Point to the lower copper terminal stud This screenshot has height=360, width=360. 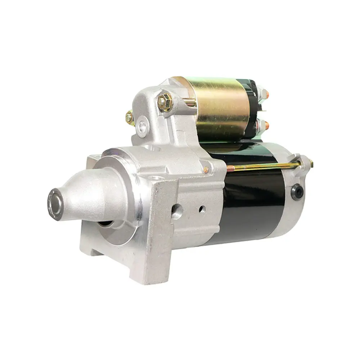tap(266, 125)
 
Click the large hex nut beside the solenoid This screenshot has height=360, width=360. tap(165, 102)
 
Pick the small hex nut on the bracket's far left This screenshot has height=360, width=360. tap(129, 117)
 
